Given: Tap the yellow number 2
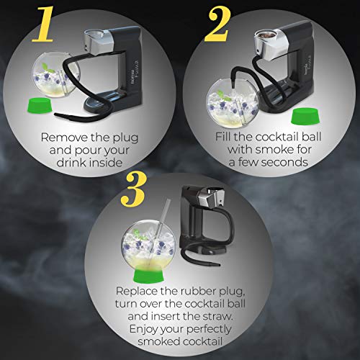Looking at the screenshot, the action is coord(218,24).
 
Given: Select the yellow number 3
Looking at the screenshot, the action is coord(133,189).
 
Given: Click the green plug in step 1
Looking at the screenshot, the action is coord(40,105).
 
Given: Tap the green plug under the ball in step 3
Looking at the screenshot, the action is coord(148,274).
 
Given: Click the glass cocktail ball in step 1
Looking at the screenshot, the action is coord(55,74).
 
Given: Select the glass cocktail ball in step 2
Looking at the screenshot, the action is coord(232,103).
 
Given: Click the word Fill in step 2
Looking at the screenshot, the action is coord(223,137).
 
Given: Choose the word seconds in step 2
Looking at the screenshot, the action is coord(284,162).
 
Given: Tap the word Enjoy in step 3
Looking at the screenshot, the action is coord(144,329).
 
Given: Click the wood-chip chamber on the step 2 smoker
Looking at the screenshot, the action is coord(265,36).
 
